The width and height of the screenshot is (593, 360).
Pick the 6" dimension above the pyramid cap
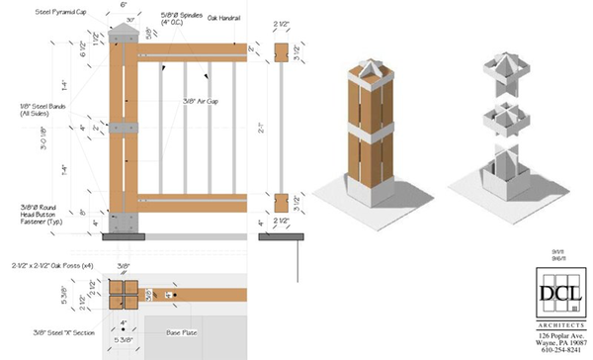point(124,6)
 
